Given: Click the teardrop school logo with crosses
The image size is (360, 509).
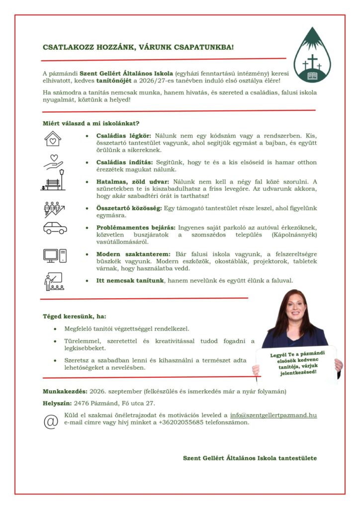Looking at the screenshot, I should tap(312, 56).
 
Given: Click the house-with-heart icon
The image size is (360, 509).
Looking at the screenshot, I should tap(53, 140).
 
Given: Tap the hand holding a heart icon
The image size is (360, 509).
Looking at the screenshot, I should tap(54, 162).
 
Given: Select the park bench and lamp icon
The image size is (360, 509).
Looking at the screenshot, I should tap(53, 181).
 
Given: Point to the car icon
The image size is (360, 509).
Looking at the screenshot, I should tap(54, 228).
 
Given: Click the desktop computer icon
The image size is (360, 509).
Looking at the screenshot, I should tap(54, 255).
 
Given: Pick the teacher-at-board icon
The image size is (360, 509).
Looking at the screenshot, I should tap(54, 282).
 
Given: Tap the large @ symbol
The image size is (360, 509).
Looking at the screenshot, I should tap(51, 421).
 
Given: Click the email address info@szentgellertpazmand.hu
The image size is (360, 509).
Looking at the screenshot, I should tap(273, 415).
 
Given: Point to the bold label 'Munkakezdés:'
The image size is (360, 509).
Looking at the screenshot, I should tap(64, 391).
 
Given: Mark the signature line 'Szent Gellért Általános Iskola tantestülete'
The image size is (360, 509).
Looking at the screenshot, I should tap(250, 458).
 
